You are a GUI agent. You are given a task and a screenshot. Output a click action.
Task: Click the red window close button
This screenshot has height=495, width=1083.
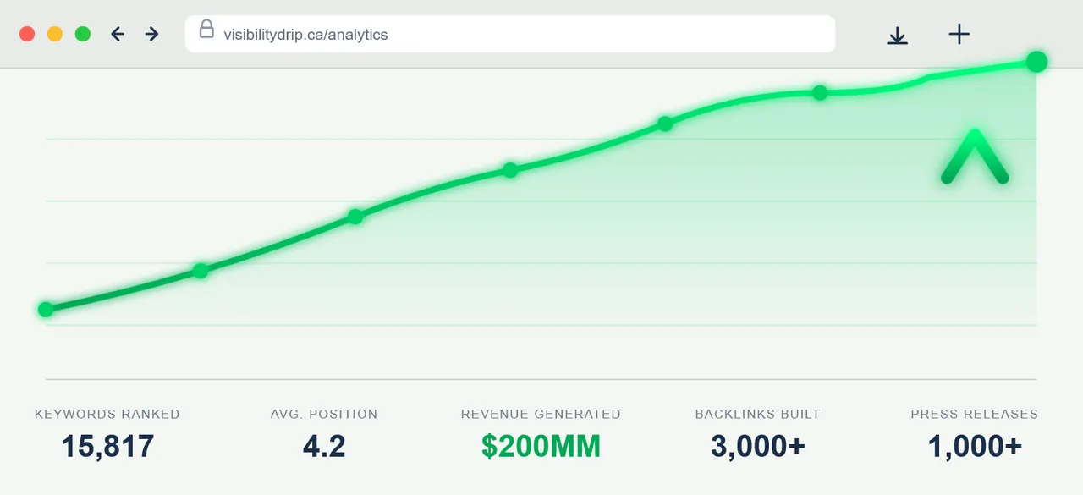coord(26,34)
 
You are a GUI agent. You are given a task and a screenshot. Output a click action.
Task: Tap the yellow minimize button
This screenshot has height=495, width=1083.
coord(55,34)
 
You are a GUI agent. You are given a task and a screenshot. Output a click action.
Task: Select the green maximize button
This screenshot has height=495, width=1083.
coord(83,34)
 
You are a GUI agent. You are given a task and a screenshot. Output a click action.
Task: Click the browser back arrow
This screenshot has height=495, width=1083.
coord(118,34)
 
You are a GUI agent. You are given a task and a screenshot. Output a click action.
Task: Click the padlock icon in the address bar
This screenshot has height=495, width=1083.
coord(206,30)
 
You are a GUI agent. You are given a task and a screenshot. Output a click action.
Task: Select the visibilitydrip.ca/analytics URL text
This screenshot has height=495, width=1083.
coord(305,35)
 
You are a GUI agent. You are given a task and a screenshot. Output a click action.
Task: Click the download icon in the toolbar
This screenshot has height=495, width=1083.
coord(897,35)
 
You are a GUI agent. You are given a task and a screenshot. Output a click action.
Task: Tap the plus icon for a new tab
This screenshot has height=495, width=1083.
coord(959,34)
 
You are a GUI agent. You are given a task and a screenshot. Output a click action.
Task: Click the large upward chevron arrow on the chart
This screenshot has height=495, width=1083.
coord(975,157)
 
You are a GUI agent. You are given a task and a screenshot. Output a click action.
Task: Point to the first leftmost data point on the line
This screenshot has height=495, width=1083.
coord(46,310)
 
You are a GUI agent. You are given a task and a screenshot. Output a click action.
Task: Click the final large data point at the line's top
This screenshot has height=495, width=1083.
coord(1036,61)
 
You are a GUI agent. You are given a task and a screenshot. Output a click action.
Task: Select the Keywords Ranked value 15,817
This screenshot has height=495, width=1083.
coord(107,446)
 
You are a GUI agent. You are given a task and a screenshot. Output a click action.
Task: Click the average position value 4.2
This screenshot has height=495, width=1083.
coord(324,446)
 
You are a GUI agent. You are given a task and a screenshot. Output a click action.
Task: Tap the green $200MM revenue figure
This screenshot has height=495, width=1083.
coord(541,446)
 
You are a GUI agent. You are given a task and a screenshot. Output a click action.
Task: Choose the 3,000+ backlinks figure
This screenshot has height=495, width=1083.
coord(757,446)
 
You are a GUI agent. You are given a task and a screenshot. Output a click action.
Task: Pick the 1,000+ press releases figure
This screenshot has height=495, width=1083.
coord(975,446)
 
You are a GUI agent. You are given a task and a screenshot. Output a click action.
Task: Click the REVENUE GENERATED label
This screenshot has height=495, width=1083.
coord(541,414)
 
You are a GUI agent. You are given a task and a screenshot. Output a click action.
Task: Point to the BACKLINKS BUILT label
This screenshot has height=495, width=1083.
coord(757,414)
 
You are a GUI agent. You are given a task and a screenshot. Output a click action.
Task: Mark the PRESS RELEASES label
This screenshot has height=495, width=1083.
coord(974,414)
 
